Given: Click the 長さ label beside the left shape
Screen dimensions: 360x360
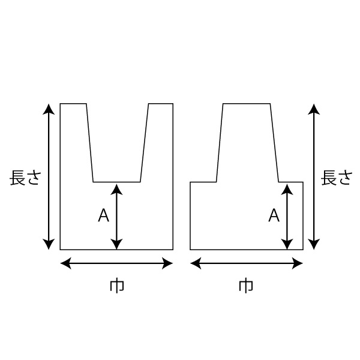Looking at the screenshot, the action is [x=25, y=178].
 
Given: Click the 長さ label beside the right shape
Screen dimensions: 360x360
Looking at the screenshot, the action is [x=337, y=178].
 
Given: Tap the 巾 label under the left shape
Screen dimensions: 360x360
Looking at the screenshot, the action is [x=116, y=286].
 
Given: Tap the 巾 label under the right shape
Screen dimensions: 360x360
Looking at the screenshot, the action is [x=246, y=286].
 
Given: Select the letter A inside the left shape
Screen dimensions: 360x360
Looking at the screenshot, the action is [x=103, y=215].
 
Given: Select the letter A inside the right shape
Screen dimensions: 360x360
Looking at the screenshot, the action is [x=274, y=215].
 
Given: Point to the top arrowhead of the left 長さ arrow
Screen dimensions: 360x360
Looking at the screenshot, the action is [x=49, y=109].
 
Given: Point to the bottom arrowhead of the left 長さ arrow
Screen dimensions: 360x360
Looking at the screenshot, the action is [x=49, y=244].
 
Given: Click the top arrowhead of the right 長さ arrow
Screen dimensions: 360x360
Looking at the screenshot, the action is [x=314, y=109].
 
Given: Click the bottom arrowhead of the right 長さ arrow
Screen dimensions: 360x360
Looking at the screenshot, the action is [x=314, y=244].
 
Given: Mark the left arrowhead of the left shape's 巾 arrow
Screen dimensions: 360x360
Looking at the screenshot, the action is [x=65, y=263].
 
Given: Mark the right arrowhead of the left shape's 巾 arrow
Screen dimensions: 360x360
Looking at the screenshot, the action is [x=167, y=263].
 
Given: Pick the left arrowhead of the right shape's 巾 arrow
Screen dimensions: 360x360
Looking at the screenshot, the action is [x=196, y=263].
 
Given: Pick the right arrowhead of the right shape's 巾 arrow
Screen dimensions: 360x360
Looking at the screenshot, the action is [x=298, y=263].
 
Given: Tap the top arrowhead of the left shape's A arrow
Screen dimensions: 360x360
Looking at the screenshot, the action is [x=116, y=190].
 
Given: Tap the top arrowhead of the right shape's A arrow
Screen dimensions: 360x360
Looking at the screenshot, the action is [x=287, y=190].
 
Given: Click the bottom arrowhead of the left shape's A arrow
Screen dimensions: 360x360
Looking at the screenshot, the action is [x=116, y=244].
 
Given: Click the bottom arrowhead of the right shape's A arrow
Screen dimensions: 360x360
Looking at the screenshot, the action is [x=287, y=244].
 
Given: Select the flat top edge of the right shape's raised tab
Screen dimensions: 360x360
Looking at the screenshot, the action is [x=247, y=104].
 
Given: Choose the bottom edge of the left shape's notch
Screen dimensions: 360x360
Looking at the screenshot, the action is [x=116, y=182].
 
